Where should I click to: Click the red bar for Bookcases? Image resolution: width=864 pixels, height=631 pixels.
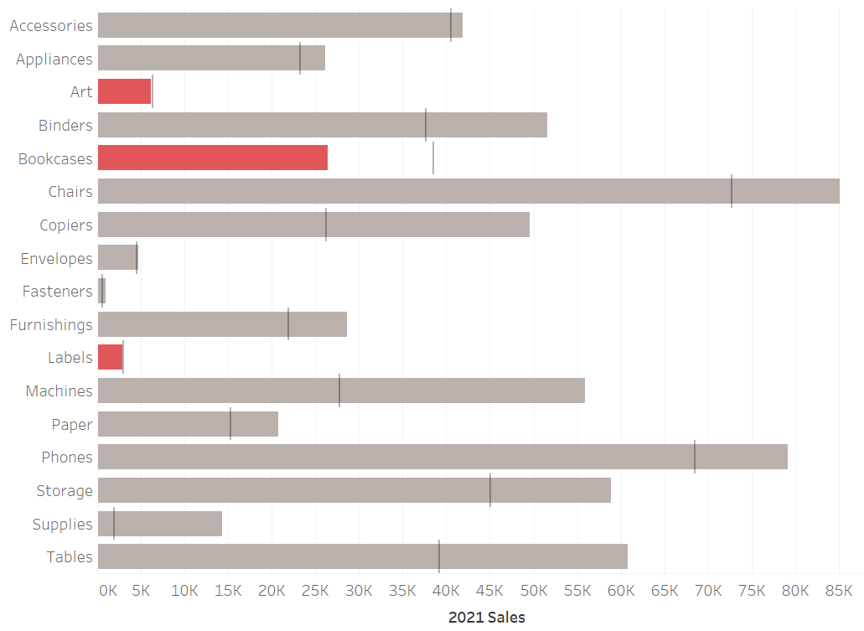pyautogui.click(x=212, y=158)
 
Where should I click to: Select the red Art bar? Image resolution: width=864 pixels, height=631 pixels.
pyautogui.click(x=124, y=91)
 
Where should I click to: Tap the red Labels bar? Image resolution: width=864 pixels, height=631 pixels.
pyautogui.click(x=110, y=357)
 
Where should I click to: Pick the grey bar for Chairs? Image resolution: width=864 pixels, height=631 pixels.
pyautogui.click(x=468, y=191)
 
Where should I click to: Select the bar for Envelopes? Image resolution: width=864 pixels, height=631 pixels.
pyautogui.click(x=117, y=257)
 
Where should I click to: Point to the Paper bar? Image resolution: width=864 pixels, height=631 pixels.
pyautogui.click(x=188, y=424)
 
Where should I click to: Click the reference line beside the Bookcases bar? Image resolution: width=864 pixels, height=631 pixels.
pyautogui.click(x=433, y=158)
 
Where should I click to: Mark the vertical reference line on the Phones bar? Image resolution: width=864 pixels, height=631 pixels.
pyautogui.click(x=695, y=457)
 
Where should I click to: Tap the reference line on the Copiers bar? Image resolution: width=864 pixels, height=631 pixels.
pyautogui.click(x=326, y=225)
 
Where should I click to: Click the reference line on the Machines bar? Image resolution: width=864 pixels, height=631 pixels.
pyautogui.click(x=339, y=390)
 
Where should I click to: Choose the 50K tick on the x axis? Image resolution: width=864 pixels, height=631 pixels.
pyautogui.click(x=533, y=590)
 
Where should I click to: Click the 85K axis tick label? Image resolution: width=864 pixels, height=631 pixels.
pyautogui.click(x=839, y=590)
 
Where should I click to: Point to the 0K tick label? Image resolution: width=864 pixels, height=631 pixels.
pyautogui.click(x=107, y=590)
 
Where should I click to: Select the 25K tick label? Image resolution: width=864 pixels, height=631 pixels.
pyautogui.click(x=315, y=590)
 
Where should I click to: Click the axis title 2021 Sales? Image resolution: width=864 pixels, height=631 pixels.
pyautogui.click(x=487, y=618)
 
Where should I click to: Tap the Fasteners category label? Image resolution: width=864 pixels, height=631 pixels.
pyautogui.click(x=58, y=291)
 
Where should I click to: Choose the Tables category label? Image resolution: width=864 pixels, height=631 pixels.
pyautogui.click(x=70, y=556)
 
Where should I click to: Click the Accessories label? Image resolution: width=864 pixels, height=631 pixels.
pyautogui.click(x=51, y=25)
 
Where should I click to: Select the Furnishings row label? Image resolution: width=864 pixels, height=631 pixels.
pyautogui.click(x=51, y=324)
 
